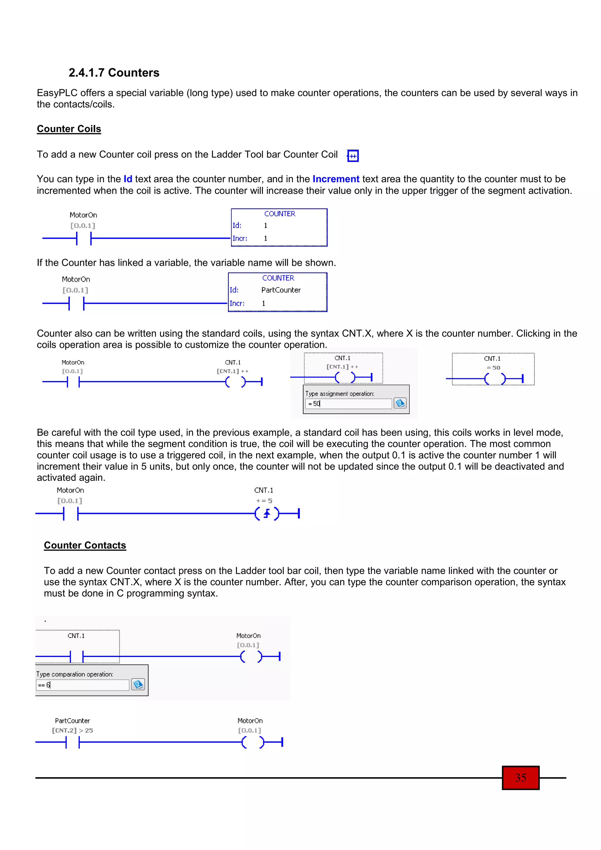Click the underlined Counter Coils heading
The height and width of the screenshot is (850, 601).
coord(69,129)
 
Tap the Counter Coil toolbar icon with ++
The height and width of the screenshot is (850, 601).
coord(353,156)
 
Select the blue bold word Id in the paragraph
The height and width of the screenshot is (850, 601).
coord(128,179)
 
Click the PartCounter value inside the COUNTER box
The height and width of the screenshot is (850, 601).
coord(281,290)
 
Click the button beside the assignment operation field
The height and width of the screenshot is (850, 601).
coord(400,403)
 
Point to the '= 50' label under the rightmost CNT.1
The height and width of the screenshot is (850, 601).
coord(493,368)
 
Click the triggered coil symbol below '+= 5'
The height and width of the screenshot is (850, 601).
coord(267,514)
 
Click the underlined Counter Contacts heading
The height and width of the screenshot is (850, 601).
coord(85,545)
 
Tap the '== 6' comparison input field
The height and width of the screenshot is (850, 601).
coord(82,685)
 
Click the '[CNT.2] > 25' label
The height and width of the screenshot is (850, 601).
coord(72,730)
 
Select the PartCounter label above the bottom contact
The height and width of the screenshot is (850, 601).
coord(72,720)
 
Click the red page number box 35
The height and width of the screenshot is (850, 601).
coord(520,778)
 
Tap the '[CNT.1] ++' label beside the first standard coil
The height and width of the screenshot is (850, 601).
coord(232,371)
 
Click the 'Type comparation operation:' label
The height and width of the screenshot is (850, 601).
coord(75,674)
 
